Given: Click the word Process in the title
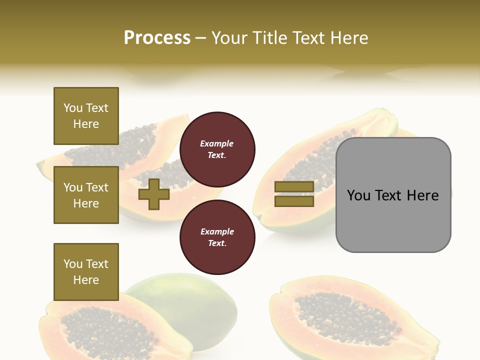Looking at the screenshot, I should (x=157, y=38).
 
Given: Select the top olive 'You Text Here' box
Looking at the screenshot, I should (x=86, y=116).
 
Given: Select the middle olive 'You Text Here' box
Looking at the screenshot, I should (x=86, y=195).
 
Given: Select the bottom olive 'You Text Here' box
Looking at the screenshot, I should (x=86, y=271).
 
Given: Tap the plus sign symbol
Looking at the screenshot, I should (x=154, y=194).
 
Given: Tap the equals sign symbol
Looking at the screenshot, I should (x=294, y=194).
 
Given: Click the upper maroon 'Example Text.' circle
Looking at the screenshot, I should (x=217, y=149).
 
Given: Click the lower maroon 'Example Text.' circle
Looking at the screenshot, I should (x=217, y=237).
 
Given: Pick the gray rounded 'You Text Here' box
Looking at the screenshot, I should (x=393, y=195).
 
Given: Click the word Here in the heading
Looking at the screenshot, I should (x=349, y=38).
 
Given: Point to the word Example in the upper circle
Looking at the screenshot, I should (x=217, y=143).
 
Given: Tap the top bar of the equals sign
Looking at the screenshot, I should (x=294, y=187).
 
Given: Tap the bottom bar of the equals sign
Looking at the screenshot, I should (x=294, y=201).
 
